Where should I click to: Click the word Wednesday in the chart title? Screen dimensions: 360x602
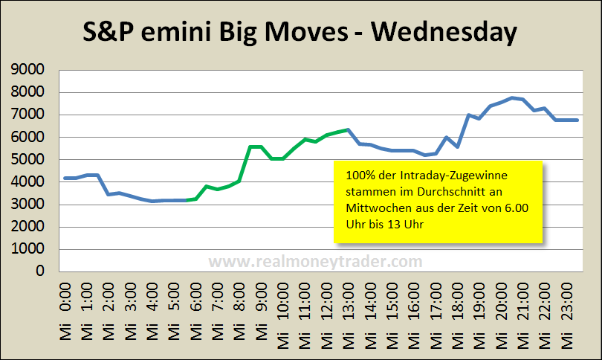click(x=444, y=33)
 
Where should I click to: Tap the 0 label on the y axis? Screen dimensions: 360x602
click(x=40, y=271)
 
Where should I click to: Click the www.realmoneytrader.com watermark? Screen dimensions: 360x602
click(x=315, y=261)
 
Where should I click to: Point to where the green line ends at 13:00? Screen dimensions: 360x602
click(x=347, y=130)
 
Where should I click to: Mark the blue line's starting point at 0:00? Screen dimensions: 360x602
click(x=65, y=178)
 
